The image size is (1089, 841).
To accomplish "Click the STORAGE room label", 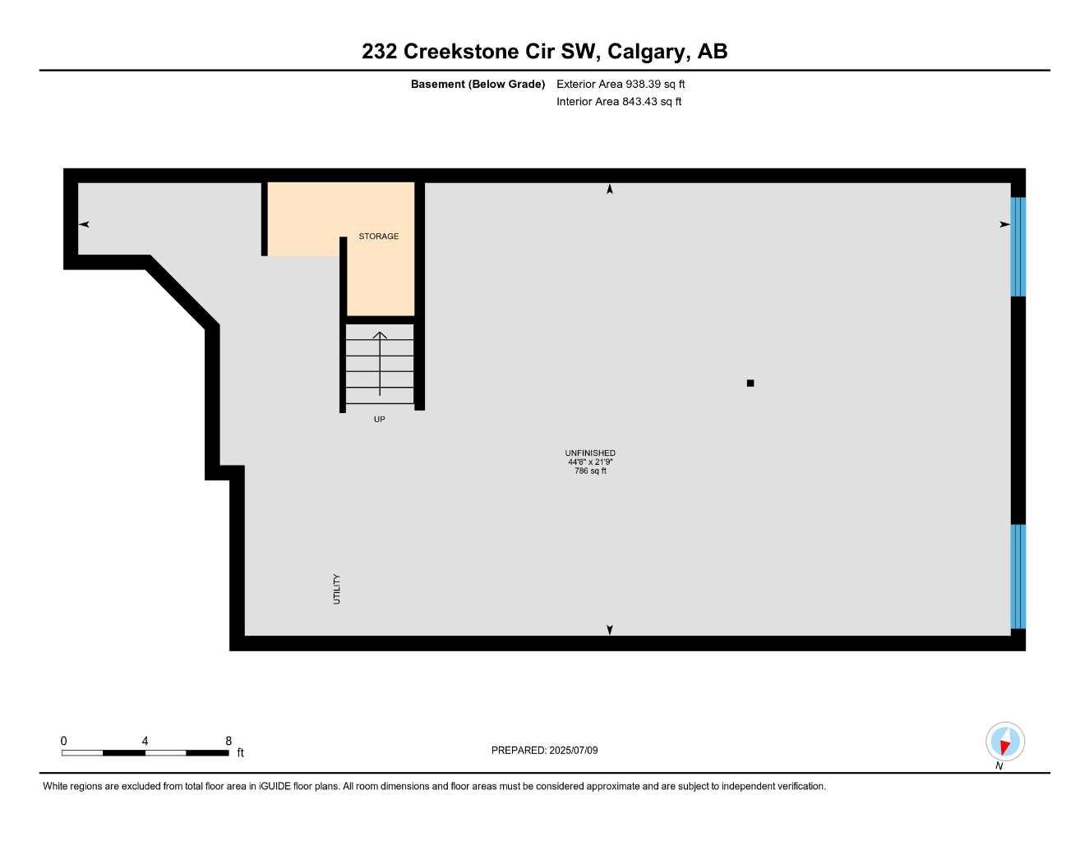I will pyautogui.click(x=378, y=237).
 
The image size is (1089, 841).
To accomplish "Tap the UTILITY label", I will pyautogui.click(x=337, y=590).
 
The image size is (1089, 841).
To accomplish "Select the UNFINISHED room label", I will pyautogui.click(x=590, y=453).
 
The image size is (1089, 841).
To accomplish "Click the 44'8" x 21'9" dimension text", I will pyautogui.click(x=590, y=462).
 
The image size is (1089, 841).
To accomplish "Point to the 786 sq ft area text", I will pyautogui.click(x=590, y=471).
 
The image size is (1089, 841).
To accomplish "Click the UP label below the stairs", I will pyautogui.click(x=379, y=420).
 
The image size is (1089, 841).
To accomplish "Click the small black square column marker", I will pyautogui.click(x=750, y=384).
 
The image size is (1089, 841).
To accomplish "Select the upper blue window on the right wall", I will pyautogui.click(x=1017, y=246).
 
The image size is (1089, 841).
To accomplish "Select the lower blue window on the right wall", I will pyautogui.click(x=1017, y=577).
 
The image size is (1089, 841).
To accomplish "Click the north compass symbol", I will pyautogui.click(x=1004, y=742).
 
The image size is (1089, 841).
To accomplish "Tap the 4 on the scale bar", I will pyautogui.click(x=145, y=741).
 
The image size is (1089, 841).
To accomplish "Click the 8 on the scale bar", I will pyautogui.click(x=228, y=741).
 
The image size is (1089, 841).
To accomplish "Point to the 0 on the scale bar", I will pyautogui.click(x=63, y=741).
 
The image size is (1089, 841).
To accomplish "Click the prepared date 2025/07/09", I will pyautogui.click(x=574, y=751).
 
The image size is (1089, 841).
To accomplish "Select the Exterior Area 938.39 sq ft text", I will pyautogui.click(x=621, y=84).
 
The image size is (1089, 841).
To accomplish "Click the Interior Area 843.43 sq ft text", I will pyautogui.click(x=619, y=102).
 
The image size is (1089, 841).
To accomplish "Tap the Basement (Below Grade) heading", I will pyautogui.click(x=478, y=84).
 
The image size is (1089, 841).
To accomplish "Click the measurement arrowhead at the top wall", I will pyautogui.click(x=610, y=190).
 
